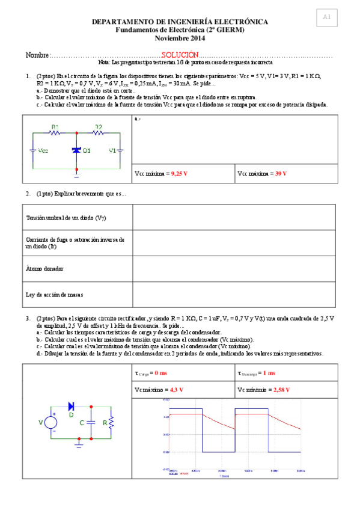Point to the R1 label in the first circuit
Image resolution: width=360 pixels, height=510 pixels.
(x=55, y=127)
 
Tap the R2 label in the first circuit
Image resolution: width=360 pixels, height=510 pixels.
(x=98, y=127)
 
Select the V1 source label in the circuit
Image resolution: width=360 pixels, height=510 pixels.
(x=112, y=150)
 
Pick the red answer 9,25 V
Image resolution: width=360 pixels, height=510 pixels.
(x=179, y=173)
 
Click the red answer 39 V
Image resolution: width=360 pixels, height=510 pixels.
(x=281, y=173)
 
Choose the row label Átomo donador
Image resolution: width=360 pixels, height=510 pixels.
(x=44, y=268)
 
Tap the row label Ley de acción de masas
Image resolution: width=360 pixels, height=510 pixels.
(x=55, y=295)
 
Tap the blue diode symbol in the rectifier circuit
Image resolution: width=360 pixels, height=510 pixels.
(x=72, y=406)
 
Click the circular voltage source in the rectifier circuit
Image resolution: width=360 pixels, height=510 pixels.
(x=51, y=423)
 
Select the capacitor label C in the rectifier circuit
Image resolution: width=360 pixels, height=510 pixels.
(x=82, y=423)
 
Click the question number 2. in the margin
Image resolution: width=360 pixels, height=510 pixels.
(x=28, y=194)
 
